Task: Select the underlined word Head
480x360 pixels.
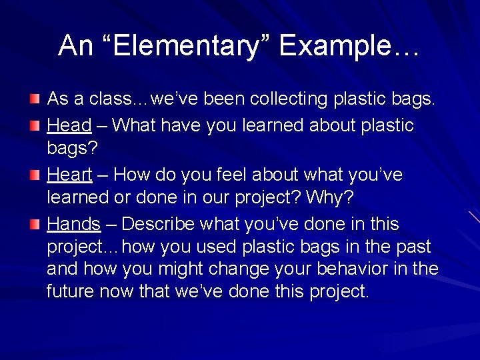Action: point(69,125)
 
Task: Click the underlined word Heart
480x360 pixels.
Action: point(69,175)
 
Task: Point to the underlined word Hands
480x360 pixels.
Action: point(73,224)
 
